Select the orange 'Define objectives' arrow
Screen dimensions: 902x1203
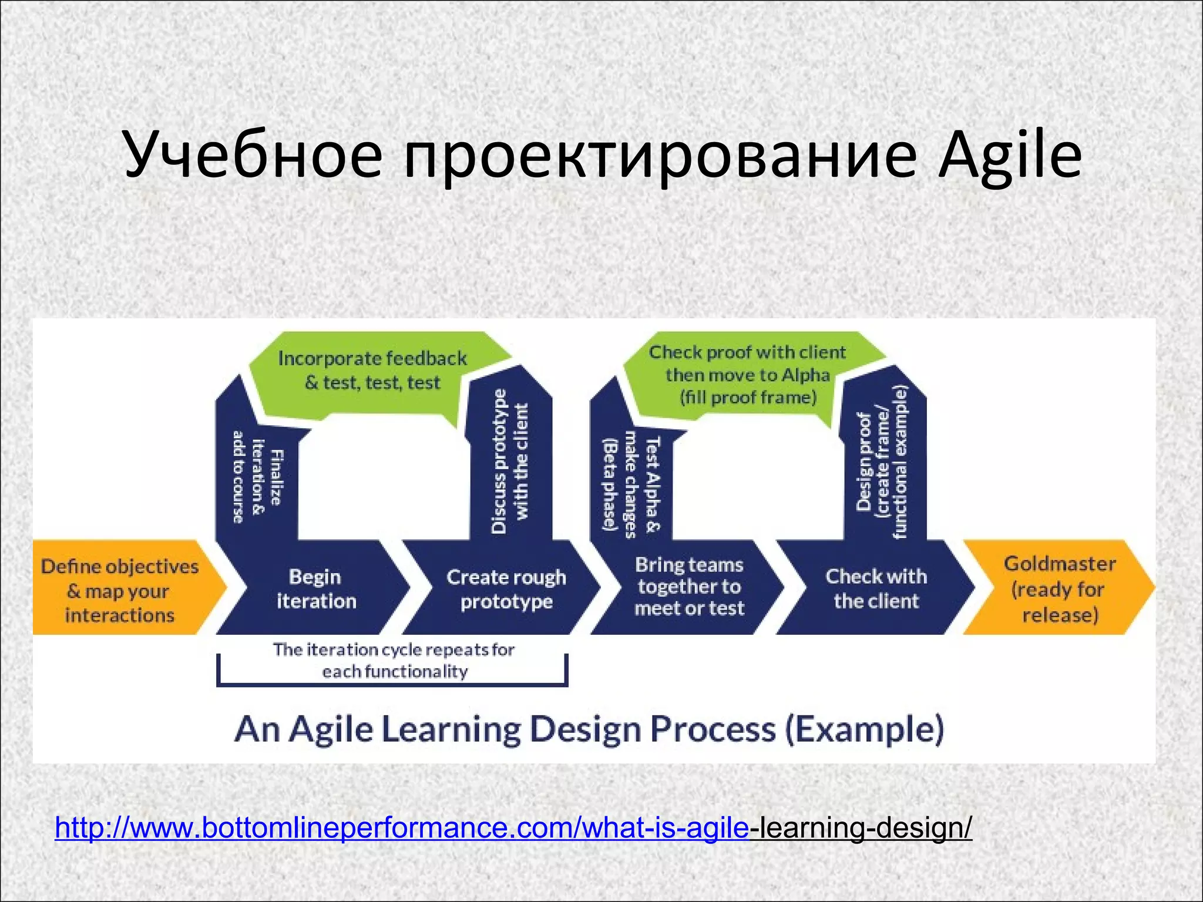click(120, 590)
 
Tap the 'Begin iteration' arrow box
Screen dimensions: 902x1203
click(316, 589)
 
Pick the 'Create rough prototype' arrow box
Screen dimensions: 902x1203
click(506, 589)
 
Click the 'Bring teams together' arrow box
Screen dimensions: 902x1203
click(689, 587)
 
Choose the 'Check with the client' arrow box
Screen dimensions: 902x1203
click(876, 588)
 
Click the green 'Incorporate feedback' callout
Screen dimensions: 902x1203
click(372, 371)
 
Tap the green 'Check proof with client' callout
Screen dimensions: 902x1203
click(747, 375)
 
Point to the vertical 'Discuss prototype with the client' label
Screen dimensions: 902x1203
click(509, 462)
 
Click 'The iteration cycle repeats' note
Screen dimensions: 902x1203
click(394, 661)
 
